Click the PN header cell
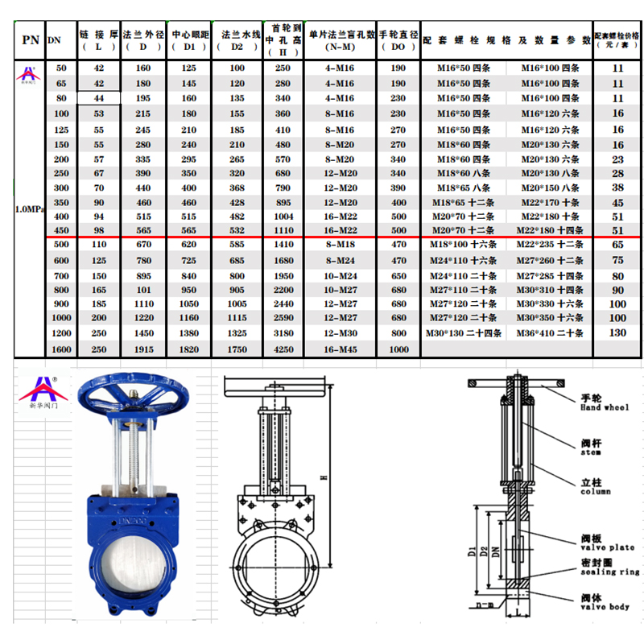point(31,39)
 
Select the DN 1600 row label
point(61,349)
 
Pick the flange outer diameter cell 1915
point(144,349)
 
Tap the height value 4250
point(283,349)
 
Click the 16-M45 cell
point(341,349)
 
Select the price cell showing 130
point(617,332)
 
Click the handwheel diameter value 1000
point(398,349)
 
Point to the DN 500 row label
point(61,243)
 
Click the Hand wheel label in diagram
point(604,403)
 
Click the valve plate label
point(607,543)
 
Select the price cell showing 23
point(617,159)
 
